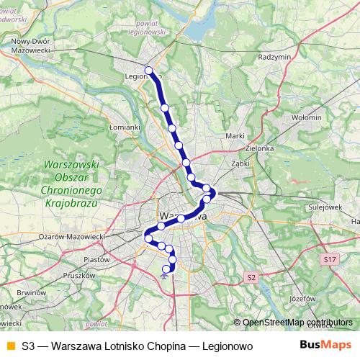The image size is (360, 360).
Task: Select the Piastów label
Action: coord(96,258)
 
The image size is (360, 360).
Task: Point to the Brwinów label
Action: coord(31,293)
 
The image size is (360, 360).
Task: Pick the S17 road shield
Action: coord(330,258)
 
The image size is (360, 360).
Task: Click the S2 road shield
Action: coord(251,276)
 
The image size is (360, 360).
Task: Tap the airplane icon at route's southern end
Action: coord(166,272)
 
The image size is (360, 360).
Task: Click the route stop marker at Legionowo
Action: coord(149,71)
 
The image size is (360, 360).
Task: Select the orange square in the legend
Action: coord(10,346)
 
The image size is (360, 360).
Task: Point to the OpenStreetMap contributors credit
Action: coord(297,323)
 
